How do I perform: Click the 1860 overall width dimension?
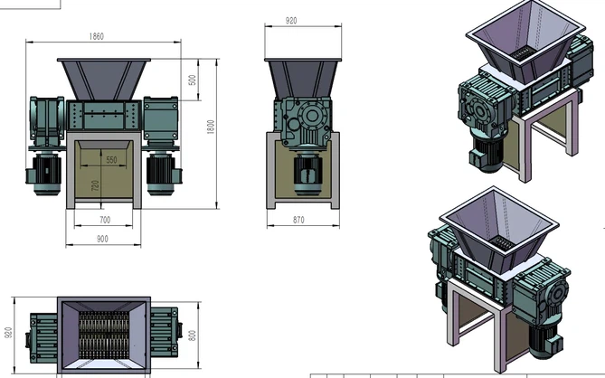(97, 36)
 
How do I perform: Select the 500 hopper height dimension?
(192, 80)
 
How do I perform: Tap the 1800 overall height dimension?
(210, 127)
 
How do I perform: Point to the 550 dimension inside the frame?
(111, 160)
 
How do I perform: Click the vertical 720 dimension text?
(95, 186)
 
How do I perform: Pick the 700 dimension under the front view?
(104, 220)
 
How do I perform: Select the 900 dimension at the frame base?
(101, 240)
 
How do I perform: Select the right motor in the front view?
(162, 172)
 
